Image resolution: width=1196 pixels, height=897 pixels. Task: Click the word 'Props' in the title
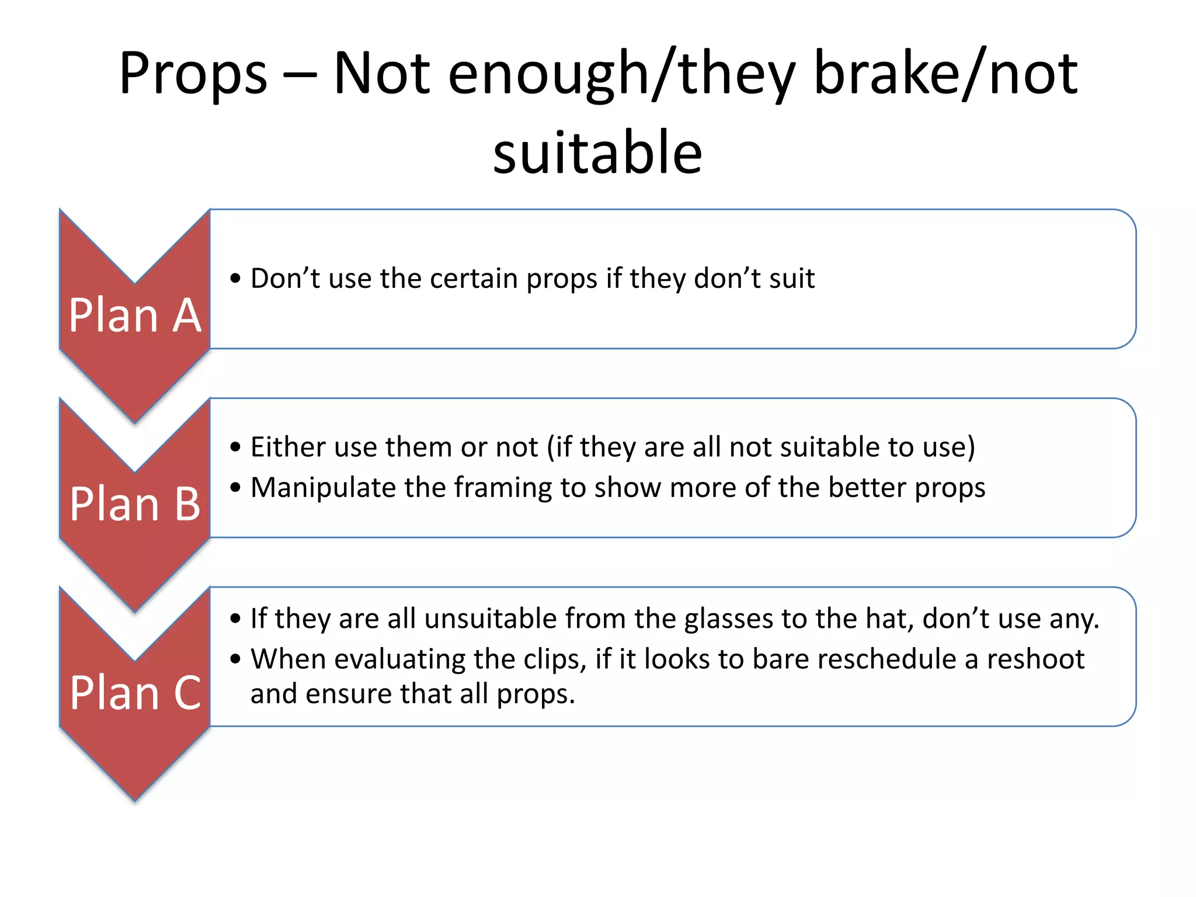(x=193, y=74)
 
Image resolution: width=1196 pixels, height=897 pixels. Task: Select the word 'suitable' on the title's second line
(x=597, y=153)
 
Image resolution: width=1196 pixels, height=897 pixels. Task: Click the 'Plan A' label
(x=135, y=316)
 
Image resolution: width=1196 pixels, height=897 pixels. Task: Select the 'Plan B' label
(x=135, y=505)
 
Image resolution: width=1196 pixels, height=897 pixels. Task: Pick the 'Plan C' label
(x=135, y=693)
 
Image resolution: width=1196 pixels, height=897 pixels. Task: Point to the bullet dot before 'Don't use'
(x=235, y=279)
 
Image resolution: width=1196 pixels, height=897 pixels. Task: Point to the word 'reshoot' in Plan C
(x=1035, y=659)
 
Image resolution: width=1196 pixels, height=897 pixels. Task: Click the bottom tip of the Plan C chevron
(x=135, y=798)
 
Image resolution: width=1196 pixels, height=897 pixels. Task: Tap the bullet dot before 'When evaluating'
(x=235, y=659)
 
